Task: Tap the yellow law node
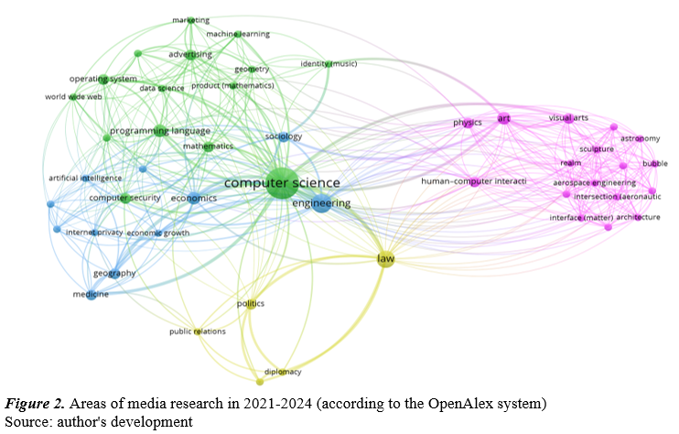click(x=385, y=260)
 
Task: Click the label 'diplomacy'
click(x=283, y=372)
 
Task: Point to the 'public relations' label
click(x=197, y=331)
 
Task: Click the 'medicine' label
click(x=91, y=294)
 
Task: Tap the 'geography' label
click(x=113, y=273)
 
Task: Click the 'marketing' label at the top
click(x=190, y=19)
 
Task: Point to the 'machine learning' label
click(x=238, y=34)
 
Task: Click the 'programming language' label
click(x=160, y=132)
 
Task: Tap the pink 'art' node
click(x=502, y=117)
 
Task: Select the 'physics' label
click(x=467, y=123)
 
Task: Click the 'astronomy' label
click(x=640, y=138)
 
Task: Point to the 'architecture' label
click(x=638, y=217)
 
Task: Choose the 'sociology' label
click(x=283, y=136)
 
